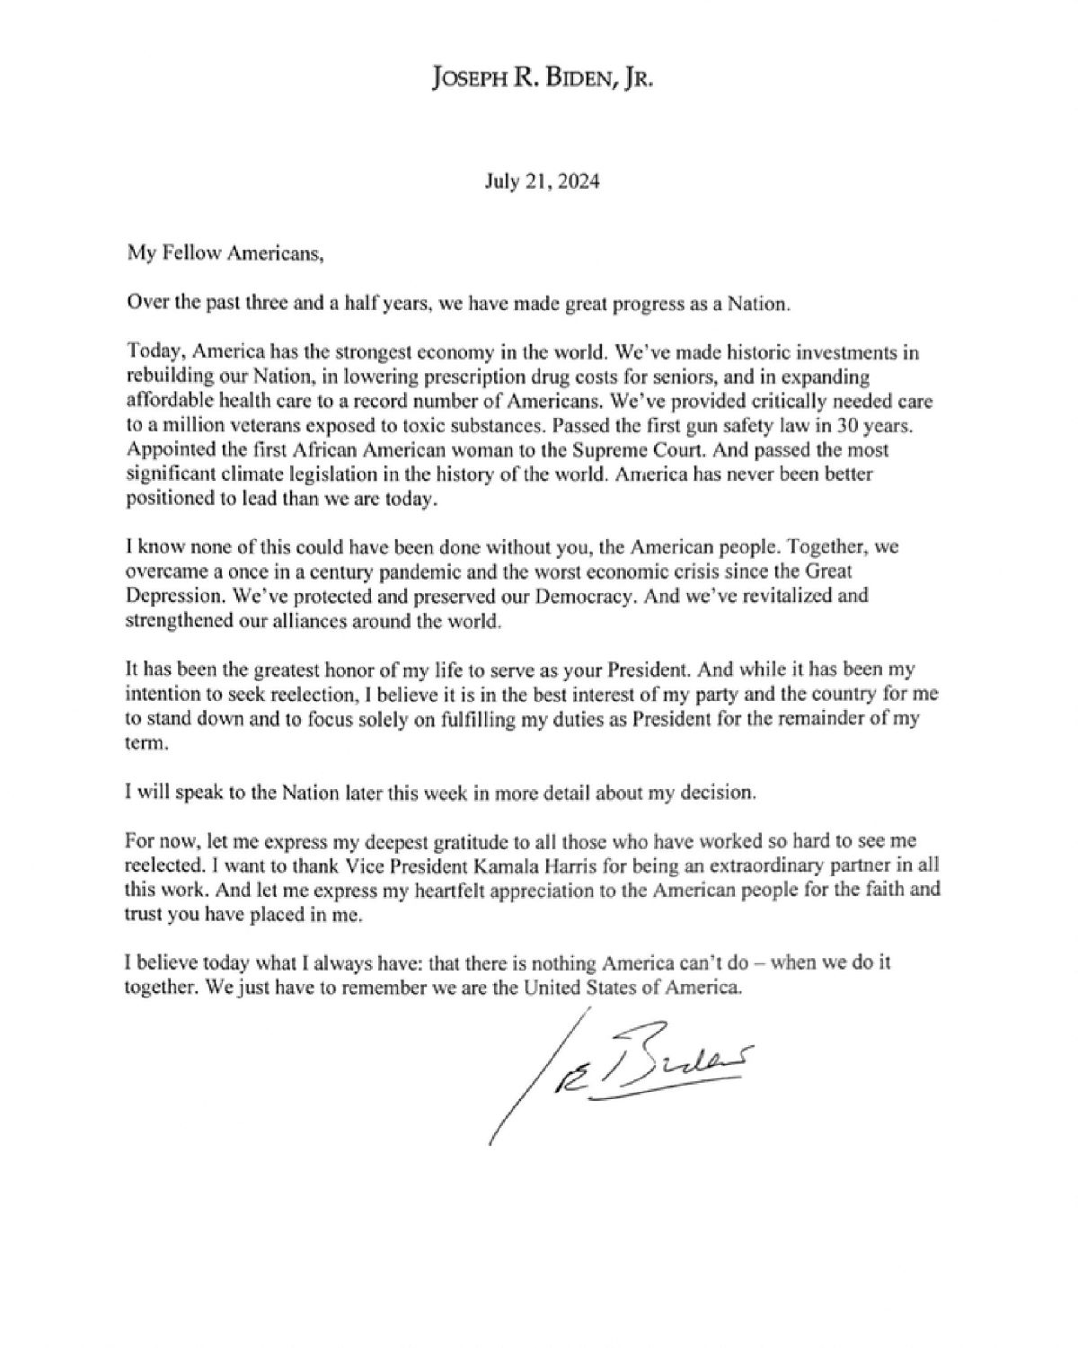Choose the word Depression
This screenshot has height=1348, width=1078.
[166, 596]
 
